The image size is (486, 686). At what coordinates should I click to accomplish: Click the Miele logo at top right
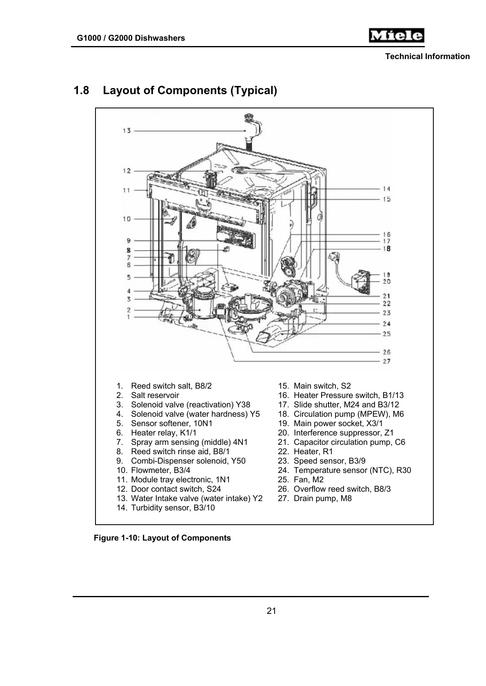(396, 36)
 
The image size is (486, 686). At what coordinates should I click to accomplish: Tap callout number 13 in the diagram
(126, 131)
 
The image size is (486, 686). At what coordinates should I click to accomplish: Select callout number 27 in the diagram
(386, 361)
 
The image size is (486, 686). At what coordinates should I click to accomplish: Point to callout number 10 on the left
(126, 219)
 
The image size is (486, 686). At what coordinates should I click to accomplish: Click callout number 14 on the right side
(386, 189)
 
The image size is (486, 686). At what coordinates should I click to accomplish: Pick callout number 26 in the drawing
(386, 352)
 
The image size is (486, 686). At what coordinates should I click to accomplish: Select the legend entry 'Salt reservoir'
(155, 396)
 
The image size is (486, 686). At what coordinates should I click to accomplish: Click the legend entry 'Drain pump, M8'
(322, 499)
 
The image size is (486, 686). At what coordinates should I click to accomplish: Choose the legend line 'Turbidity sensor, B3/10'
(173, 508)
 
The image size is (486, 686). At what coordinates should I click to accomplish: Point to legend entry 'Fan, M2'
(308, 480)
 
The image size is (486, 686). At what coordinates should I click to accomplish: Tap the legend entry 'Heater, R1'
(313, 452)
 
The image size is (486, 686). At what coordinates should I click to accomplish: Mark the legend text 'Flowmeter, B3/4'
(160, 471)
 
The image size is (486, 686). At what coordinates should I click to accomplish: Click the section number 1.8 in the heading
(81, 90)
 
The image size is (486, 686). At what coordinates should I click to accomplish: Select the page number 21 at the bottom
(271, 611)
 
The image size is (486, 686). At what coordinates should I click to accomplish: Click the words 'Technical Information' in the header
(427, 57)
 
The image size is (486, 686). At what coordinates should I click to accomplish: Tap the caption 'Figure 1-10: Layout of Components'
(162, 538)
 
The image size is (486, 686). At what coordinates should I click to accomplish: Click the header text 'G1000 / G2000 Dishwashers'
(131, 38)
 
